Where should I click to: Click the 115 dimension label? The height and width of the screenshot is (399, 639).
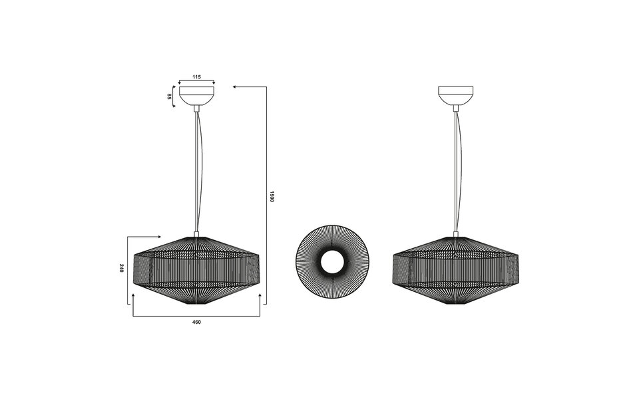tap(196, 77)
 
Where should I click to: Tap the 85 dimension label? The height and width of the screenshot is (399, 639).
tap(170, 96)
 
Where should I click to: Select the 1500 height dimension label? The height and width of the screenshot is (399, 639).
tap(272, 196)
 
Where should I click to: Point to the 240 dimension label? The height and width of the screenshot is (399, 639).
tap(121, 268)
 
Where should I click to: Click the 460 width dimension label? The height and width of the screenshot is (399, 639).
tap(196, 322)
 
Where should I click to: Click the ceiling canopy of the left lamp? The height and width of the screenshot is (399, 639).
tap(196, 95)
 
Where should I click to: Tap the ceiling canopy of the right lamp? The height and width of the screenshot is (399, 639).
tap(455, 95)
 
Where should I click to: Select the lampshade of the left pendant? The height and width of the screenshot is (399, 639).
tap(196, 269)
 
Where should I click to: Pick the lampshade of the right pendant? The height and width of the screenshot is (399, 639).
tap(455, 269)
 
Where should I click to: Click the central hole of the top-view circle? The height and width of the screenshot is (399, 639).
tap(332, 263)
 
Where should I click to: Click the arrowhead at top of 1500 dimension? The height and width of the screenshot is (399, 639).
tap(235, 86)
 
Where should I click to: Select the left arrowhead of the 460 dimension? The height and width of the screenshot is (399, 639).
tap(134, 295)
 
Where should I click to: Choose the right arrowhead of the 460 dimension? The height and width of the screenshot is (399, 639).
tap(259, 295)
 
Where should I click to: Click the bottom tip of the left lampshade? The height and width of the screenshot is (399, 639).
tap(196, 304)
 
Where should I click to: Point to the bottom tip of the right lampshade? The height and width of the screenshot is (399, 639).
tap(455, 304)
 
